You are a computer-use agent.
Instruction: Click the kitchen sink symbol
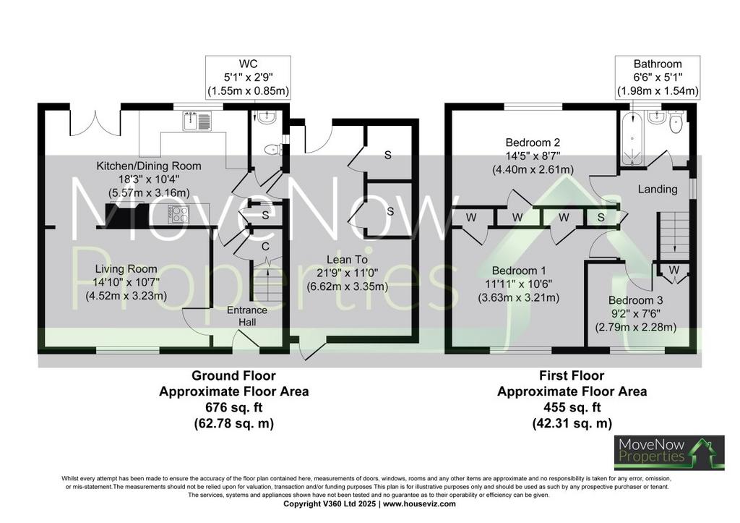198,121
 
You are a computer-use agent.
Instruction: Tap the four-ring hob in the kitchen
179,215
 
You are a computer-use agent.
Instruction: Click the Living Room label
126,269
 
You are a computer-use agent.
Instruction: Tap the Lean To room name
347,260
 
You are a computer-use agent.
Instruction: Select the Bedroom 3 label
635,300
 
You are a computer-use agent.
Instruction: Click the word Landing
658,189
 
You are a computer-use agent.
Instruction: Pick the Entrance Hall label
247,316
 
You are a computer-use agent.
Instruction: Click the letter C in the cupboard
265,246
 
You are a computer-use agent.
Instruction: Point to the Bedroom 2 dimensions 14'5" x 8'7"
533,156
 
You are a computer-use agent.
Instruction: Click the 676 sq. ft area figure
233,407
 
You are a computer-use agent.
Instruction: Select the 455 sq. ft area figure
572,407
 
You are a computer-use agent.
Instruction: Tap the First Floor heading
572,375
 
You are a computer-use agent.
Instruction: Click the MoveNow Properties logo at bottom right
669,453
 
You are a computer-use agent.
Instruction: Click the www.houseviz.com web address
419,503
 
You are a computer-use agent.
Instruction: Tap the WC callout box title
249,64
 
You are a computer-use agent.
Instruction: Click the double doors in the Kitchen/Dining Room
95,123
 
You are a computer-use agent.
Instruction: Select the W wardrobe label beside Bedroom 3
674,270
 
